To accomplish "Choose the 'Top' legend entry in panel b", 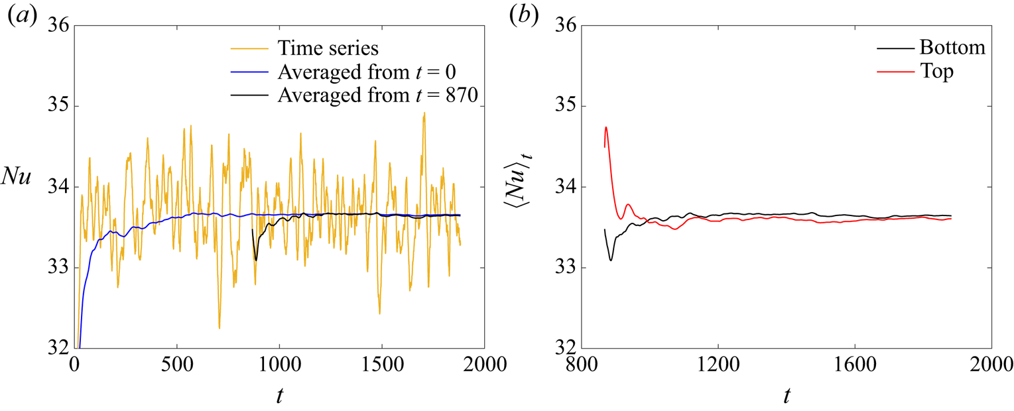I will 936,72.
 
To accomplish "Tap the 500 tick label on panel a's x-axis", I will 176,363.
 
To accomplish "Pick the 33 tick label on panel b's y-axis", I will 562,268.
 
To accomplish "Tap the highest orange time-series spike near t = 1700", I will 424,113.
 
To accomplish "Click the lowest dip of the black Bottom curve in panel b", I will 611,260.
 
